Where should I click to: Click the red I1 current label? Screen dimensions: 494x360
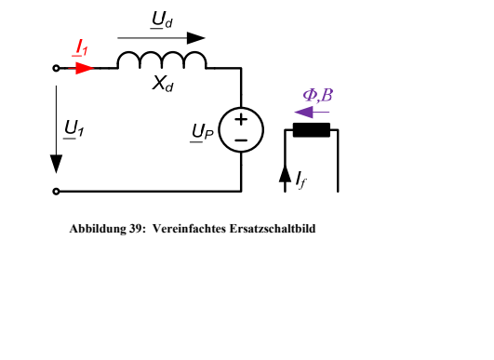(x=80, y=47)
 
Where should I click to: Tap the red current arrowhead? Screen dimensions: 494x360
(x=85, y=68)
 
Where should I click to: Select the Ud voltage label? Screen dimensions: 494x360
(x=162, y=20)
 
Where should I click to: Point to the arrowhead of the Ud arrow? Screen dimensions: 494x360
(x=196, y=38)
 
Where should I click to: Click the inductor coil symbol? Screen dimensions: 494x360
(x=162, y=60)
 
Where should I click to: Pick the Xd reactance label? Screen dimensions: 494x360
(x=163, y=84)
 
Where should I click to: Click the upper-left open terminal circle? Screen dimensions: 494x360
(x=56, y=68)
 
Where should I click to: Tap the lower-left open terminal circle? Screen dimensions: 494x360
(x=56, y=192)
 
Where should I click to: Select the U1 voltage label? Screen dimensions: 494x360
(x=74, y=129)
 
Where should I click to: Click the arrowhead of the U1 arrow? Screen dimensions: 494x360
(x=57, y=164)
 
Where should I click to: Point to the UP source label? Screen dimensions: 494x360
(x=203, y=132)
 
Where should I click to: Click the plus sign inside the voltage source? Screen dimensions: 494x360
(x=241, y=120)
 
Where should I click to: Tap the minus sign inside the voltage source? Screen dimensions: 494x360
(x=241, y=140)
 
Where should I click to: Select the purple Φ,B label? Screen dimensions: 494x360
(x=317, y=96)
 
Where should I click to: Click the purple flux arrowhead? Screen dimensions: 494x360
(x=303, y=113)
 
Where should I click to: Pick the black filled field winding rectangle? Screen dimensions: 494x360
(x=312, y=129)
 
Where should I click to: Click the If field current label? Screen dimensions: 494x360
(x=301, y=180)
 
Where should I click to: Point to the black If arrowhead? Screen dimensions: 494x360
(x=285, y=174)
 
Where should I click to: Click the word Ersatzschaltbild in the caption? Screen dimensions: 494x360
(x=273, y=229)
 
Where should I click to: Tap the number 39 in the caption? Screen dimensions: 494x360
(x=136, y=229)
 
